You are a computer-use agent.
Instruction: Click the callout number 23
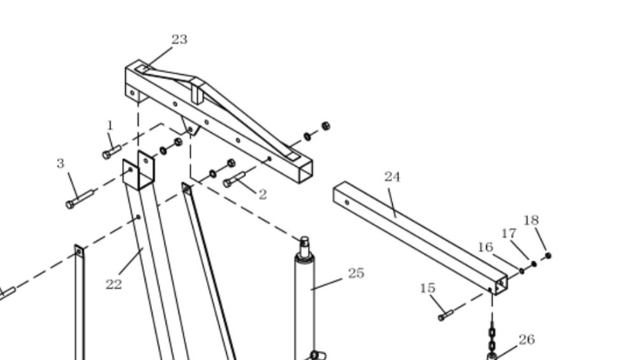pos(179,39)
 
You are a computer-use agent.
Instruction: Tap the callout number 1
pos(110,125)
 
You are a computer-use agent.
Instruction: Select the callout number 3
pos(60,164)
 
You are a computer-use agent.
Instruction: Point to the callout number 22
pos(113,284)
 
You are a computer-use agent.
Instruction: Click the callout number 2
pos(262,195)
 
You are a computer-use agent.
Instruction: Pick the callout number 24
pos(392,177)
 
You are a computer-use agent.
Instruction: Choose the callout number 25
pos(356,273)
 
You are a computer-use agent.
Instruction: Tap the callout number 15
pos(427,288)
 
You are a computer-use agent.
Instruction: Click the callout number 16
pos(485,247)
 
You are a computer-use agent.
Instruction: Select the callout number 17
pos(509,233)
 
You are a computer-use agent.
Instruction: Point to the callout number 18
pos(531,220)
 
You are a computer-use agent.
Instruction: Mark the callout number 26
pos(527,339)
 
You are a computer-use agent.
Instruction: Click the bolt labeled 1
pos(111,152)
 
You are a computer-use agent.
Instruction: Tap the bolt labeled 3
pos(80,199)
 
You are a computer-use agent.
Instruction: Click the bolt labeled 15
pos(446,315)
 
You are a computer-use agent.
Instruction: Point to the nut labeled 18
pos(548,256)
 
